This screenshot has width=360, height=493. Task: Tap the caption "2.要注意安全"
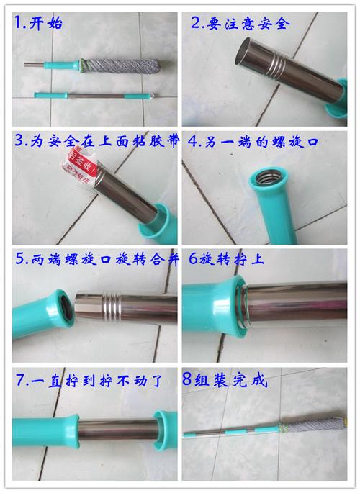point(240,24)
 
